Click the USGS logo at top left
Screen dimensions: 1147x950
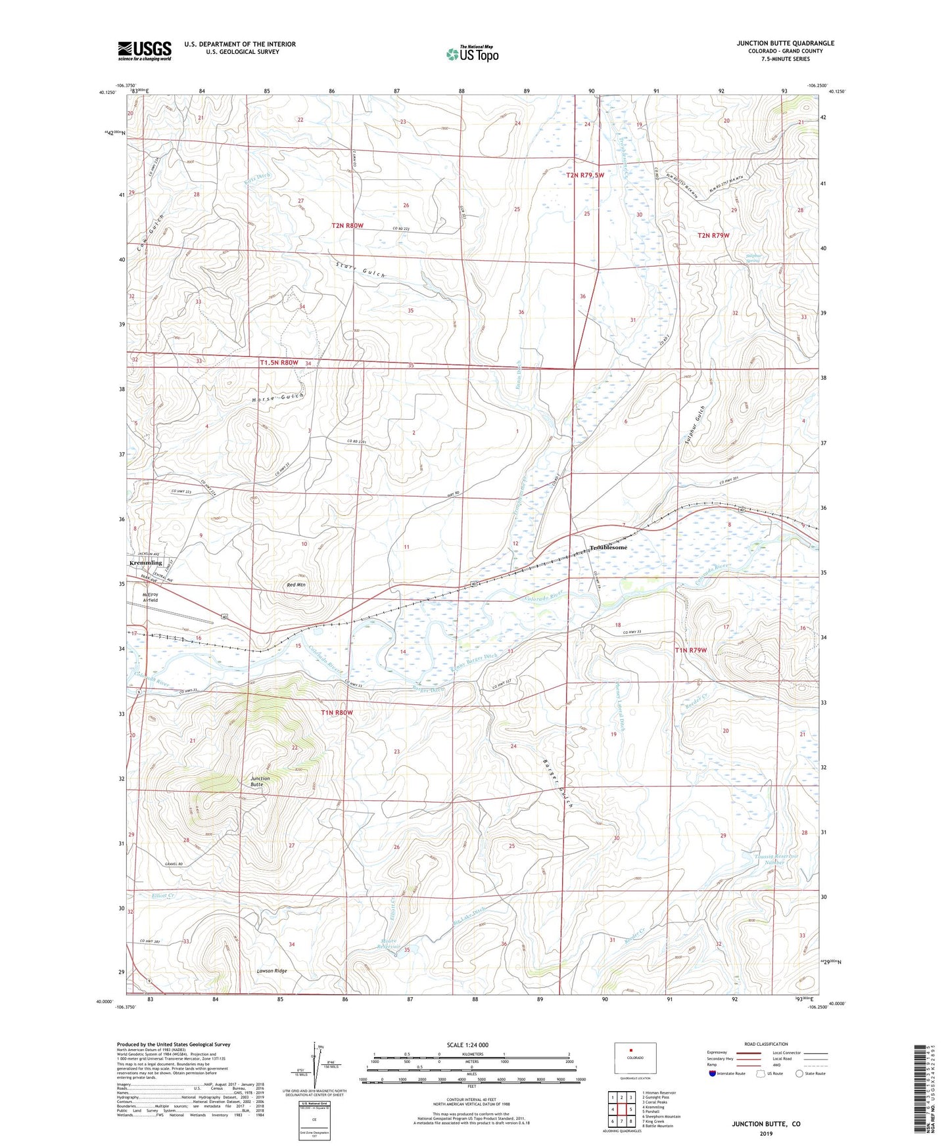[145, 50]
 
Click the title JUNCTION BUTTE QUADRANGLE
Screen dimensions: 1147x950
[785, 43]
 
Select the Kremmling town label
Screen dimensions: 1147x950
[145, 563]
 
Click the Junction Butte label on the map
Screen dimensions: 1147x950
[260, 781]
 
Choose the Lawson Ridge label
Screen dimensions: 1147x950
[272, 971]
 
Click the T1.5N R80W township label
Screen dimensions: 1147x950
[279, 363]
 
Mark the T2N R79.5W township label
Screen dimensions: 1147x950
[584, 175]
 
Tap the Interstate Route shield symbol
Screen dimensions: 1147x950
[713, 1074]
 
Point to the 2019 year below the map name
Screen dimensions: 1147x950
[766, 1133]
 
